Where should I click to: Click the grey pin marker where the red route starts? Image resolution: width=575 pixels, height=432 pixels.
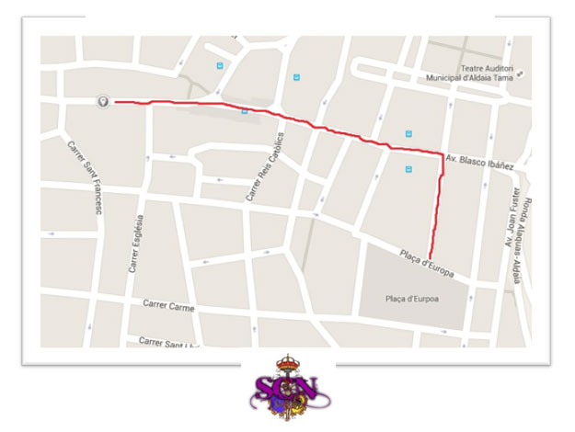point(103,101)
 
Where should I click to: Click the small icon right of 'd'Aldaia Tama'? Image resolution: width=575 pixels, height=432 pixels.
point(522,78)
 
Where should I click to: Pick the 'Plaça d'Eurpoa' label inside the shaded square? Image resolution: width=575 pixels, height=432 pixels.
point(411,298)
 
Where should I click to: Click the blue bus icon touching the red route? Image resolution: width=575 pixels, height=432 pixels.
point(245,111)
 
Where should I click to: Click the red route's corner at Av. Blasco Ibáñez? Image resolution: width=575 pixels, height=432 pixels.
point(443,152)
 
